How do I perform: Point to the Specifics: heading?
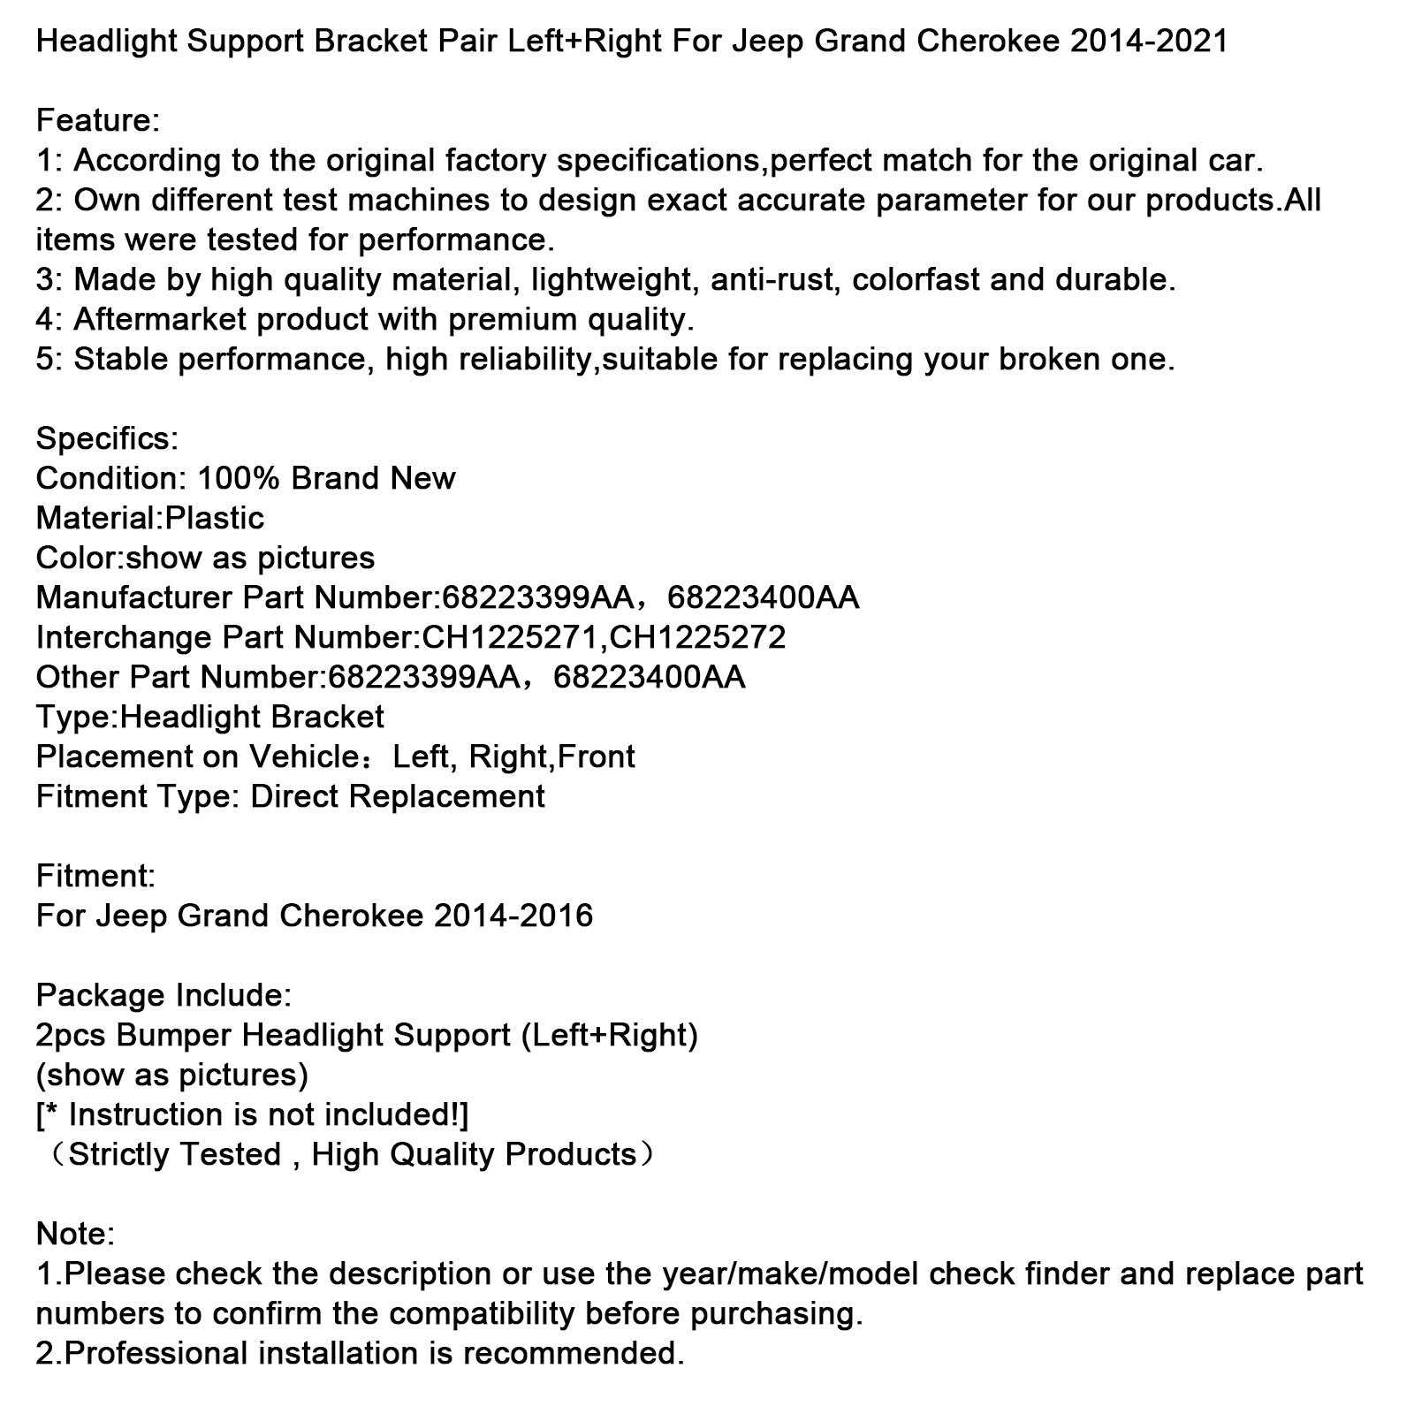tap(107, 439)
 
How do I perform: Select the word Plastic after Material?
tap(215, 519)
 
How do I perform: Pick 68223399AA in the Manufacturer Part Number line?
tap(537, 598)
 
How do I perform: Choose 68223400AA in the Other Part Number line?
tap(650, 678)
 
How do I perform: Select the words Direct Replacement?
tap(398, 797)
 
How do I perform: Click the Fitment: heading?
tap(95, 877)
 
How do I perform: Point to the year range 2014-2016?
tap(513, 916)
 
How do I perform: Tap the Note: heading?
tap(75, 1235)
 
